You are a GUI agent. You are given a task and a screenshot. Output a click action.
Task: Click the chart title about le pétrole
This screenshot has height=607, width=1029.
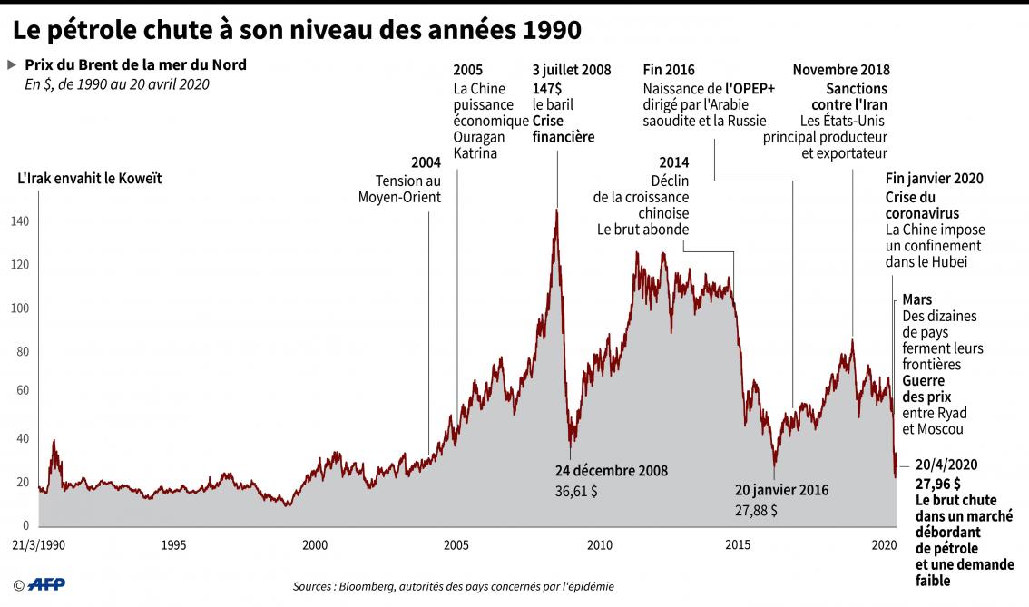click(296, 30)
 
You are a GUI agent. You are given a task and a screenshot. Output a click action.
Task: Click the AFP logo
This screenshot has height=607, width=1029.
click(43, 585)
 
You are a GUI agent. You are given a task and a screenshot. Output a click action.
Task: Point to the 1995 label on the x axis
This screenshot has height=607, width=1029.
click(173, 545)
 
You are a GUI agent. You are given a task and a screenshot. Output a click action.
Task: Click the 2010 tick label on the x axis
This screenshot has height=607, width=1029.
click(599, 545)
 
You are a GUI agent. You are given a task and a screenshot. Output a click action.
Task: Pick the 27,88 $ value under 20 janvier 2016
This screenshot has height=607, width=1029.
click(756, 510)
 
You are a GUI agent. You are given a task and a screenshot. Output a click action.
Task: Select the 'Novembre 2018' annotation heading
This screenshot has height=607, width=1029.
click(841, 70)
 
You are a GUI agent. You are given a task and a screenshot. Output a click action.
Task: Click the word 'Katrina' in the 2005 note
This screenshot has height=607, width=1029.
click(475, 153)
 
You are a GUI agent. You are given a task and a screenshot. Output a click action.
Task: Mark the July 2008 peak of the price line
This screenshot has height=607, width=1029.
click(556, 211)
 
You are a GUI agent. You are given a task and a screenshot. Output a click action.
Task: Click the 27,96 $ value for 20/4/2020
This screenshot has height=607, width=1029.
click(938, 483)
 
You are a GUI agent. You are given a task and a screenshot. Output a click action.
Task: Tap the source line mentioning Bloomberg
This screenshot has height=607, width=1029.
click(453, 586)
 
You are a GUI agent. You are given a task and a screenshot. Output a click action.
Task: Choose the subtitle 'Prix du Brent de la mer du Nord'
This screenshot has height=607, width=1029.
click(135, 65)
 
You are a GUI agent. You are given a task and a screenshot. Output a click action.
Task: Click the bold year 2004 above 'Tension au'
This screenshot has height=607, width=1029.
click(426, 162)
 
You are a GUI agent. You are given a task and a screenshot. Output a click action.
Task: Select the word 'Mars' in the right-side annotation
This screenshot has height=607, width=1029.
click(916, 299)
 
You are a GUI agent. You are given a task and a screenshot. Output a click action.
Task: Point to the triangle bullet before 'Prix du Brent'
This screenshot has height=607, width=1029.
click(12, 65)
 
